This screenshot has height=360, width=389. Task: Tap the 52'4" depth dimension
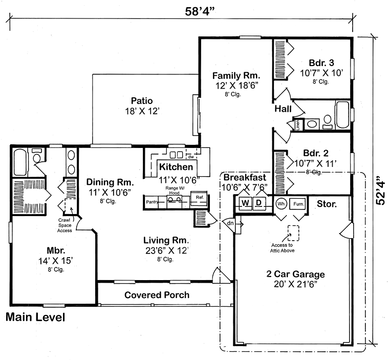tap(379, 191)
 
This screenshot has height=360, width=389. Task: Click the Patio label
tap(141, 101)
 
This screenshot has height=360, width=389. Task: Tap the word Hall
tap(283, 109)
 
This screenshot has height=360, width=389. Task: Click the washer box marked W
tap(245, 203)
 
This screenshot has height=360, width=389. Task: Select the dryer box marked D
tap(259, 203)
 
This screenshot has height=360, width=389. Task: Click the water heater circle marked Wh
tap(281, 203)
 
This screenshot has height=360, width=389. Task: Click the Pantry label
tap(152, 202)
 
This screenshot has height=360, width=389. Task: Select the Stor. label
tap(327, 204)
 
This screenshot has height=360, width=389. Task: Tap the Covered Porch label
tap(157, 295)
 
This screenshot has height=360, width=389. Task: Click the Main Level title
tap(35, 317)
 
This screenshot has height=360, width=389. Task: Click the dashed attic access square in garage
tap(293, 233)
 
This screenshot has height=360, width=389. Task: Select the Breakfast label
tap(243, 177)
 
